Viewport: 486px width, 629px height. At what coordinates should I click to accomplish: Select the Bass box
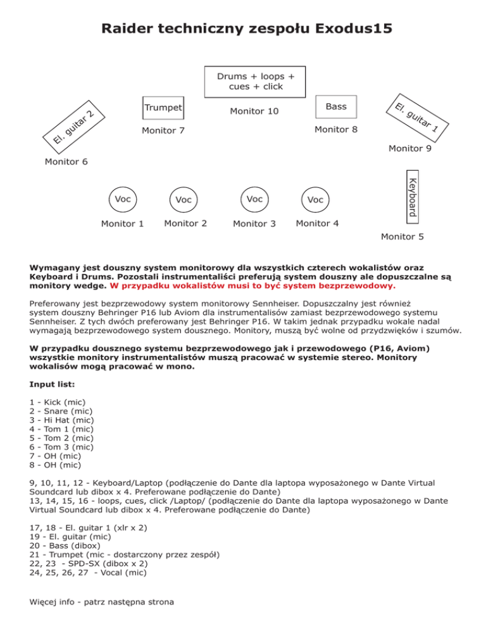pyautogui.click(x=336, y=107)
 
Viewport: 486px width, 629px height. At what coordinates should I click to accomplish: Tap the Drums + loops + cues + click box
pyautogui.click(x=255, y=81)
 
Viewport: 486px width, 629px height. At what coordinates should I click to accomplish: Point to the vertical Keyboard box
pyautogui.click(x=411, y=196)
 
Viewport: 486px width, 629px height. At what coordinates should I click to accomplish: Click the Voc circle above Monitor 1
pyautogui.click(x=123, y=199)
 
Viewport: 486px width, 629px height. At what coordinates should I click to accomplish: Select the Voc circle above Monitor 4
pyautogui.click(x=315, y=199)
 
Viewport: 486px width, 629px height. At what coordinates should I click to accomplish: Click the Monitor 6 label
pyautogui.click(x=66, y=162)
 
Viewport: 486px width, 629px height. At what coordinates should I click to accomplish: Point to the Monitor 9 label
pyautogui.click(x=410, y=149)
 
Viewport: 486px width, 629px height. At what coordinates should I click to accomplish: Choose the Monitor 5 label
pyautogui.click(x=402, y=237)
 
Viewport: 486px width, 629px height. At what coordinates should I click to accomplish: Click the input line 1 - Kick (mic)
pyautogui.click(x=58, y=402)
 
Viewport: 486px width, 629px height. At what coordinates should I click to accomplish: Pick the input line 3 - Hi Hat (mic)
pyautogui.click(x=62, y=420)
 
